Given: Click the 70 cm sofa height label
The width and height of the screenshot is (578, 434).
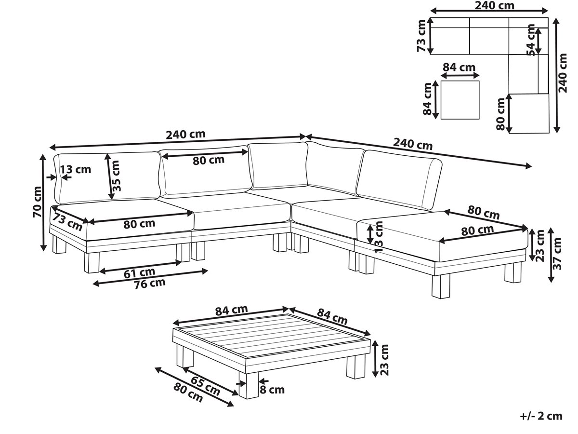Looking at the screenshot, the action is pos(38,202).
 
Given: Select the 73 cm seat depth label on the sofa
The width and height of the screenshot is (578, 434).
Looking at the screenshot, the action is pos(67,222).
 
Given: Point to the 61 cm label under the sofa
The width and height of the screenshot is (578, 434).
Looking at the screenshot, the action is pos(140,272).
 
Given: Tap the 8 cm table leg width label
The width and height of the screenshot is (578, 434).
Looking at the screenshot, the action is pos(272,390).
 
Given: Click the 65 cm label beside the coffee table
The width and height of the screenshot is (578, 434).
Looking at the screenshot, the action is pos(205,386).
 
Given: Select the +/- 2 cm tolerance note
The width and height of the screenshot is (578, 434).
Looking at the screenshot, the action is pos(541,416).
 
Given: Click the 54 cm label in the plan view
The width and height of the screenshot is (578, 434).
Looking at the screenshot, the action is pos(531,40).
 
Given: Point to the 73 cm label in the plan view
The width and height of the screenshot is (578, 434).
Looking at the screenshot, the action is pos(421,36).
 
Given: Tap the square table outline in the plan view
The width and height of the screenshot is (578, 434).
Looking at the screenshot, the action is pos(460,81).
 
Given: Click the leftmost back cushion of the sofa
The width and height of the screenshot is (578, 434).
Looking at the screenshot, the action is pos(107,177).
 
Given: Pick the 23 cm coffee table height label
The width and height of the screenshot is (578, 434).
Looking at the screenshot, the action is pos(384,360).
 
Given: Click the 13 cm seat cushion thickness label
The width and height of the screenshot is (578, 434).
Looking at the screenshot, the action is pos(379,236).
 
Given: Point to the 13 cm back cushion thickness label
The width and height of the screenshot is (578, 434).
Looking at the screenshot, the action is pos(76,169).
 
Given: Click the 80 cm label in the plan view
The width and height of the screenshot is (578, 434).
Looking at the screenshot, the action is pos(501,114).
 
